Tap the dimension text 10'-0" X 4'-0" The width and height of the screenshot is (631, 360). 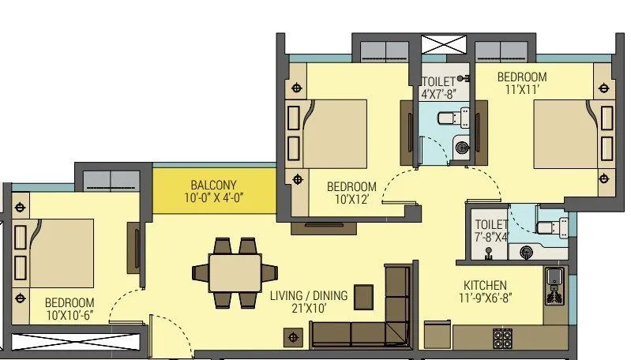pos(213,199)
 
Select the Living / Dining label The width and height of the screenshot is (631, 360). pos(308,295)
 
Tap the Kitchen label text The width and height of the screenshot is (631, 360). pos(486,285)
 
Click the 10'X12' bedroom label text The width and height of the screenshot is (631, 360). pos(351,187)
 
